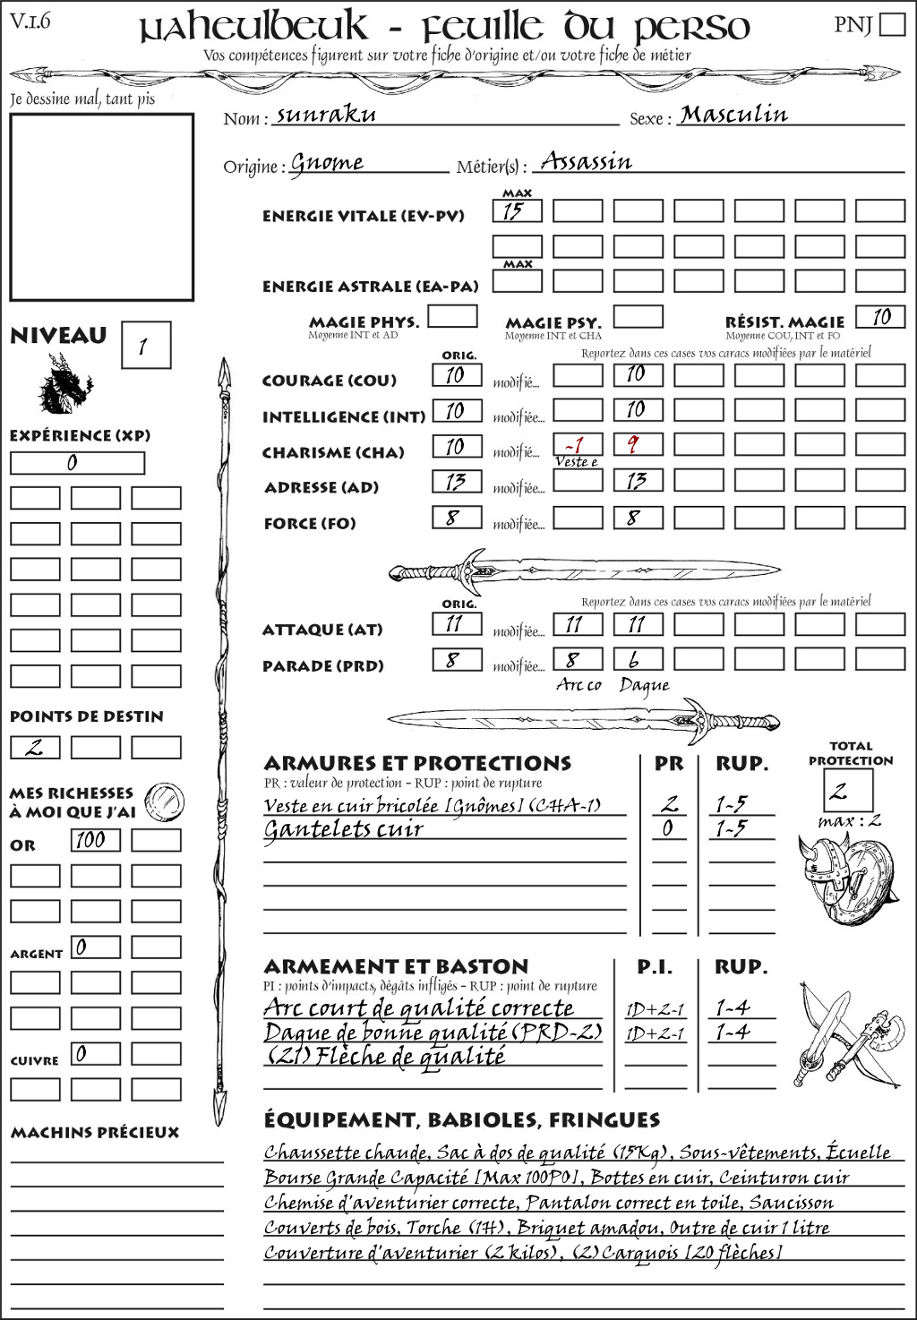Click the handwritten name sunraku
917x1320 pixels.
pyautogui.click(x=326, y=115)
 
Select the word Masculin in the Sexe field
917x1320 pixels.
pyautogui.click(x=733, y=115)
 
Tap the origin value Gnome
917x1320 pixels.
pyautogui.click(x=327, y=164)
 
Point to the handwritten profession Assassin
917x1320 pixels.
pyautogui.click(x=587, y=162)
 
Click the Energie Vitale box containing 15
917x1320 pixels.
pyautogui.click(x=517, y=211)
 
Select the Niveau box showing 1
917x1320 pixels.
pyautogui.click(x=145, y=346)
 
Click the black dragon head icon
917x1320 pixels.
pyautogui.click(x=65, y=384)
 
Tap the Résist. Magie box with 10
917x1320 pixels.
pyautogui.click(x=879, y=317)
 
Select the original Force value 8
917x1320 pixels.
pyautogui.click(x=456, y=518)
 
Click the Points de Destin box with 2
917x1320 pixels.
pyautogui.click(x=35, y=748)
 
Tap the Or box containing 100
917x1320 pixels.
pyautogui.click(x=96, y=840)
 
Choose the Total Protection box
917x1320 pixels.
pyautogui.click(x=847, y=791)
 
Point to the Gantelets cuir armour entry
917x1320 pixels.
pyautogui.click(x=343, y=829)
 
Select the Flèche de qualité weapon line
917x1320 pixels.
pyautogui.click(x=386, y=1057)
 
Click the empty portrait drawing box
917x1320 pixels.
pyautogui.click(x=101, y=207)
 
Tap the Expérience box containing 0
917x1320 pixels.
pyautogui.click(x=77, y=463)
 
